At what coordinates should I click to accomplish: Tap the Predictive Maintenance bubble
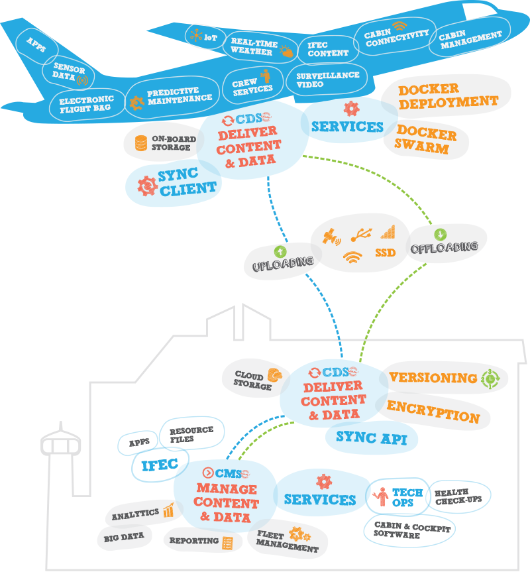click(x=173, y=95)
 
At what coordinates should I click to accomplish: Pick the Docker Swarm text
click(x=426, y=141)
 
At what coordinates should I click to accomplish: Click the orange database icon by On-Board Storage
click(x=140, y=143)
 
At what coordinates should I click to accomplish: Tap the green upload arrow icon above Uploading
click(x=280, y=252)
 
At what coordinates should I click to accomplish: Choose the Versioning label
click(x=433, y=378)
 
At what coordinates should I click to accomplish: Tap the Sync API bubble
click(x=372, y=437)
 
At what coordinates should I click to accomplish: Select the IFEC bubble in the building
click(x=160, y=464)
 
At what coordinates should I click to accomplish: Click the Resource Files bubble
click(x=192, y=434)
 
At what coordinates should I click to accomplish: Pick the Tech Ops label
click(x=407, y=498)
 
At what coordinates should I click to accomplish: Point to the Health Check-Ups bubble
click(x=458, y=497)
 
